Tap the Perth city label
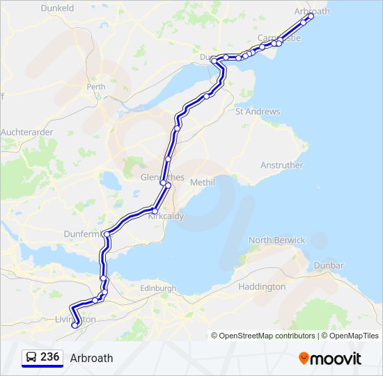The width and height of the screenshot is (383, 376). click(96, 87)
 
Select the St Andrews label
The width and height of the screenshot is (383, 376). click(258, 111)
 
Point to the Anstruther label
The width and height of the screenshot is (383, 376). click(282, 166)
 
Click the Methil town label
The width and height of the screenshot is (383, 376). click(202, 182)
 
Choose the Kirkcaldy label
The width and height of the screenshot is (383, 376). click(166, 217)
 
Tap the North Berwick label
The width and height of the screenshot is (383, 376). click(277, 240)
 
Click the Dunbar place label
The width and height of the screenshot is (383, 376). click(329, 266)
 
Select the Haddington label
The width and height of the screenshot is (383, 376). click(262, 286)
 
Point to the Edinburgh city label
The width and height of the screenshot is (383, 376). click(157, 288)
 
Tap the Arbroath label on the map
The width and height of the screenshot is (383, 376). click(313, 12)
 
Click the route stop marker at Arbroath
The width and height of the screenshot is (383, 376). click(311, 17)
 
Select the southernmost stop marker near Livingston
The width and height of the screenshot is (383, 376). click(75, 324)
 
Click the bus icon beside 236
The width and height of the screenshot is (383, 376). click(31, 358)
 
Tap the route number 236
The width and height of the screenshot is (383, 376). click(50, 357)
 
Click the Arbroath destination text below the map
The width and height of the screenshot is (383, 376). click(91, 358)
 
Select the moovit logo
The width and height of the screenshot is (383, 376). click(330, 358)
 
